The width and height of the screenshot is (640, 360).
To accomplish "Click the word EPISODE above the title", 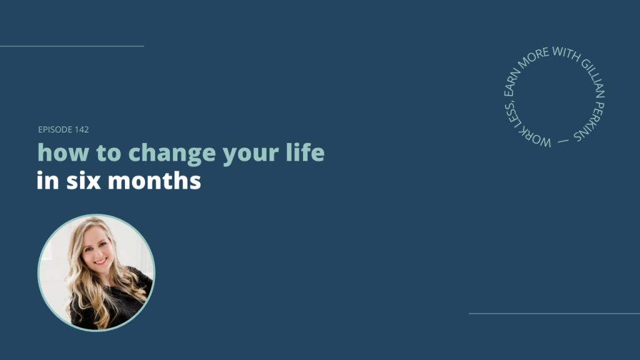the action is coord(55,129).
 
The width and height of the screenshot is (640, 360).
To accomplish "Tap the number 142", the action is coord(82,129).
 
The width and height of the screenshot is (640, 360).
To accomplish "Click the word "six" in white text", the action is coord(83,181).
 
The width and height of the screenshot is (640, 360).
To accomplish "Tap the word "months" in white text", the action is coord(154,180).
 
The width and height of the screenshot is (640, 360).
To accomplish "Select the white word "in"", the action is coord(47,180).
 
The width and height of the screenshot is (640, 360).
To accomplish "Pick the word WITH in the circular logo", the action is coord(566,54).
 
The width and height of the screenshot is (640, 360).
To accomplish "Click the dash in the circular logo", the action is coord(563,141).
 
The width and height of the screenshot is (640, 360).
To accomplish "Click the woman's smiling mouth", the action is coord(100,261).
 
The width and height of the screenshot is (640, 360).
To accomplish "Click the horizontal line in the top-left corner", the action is coord(72,46).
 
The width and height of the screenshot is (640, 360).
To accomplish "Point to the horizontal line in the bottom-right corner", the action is coord(554,314).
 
